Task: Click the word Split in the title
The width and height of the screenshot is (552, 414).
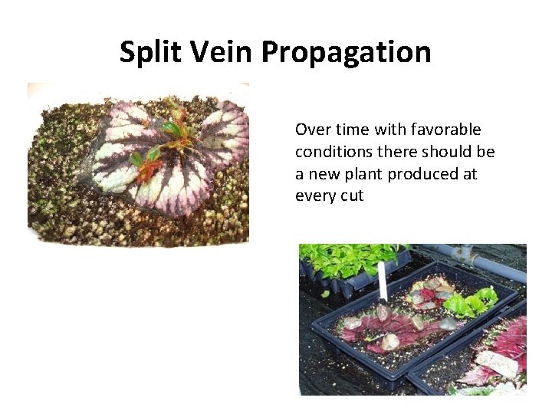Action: click(149, 52)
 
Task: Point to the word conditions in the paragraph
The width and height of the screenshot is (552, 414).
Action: click(330, 152)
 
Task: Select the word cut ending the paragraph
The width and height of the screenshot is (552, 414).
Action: click(352, 196)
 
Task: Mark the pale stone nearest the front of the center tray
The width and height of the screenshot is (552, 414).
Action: click(389, 342)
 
